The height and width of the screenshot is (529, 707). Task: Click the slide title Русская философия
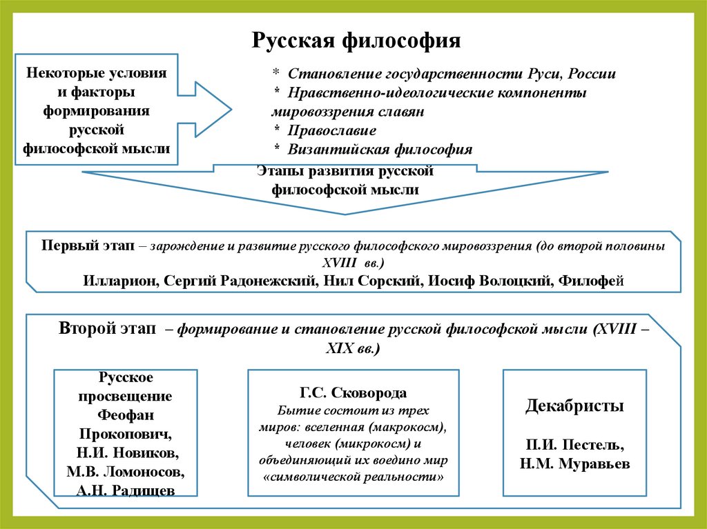(x=356, y=39)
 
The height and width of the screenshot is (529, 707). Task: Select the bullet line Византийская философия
(x=380, y=149)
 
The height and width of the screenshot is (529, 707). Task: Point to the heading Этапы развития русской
(x=345, y=170)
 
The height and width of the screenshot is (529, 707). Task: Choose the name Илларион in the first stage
(x=115, y=280)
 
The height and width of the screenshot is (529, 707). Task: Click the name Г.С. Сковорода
(x=353, y=393)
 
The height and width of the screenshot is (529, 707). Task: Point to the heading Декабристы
(x=574, y=406)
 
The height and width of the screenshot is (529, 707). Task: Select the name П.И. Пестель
(x=574, y=443)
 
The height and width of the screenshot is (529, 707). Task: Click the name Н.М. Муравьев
(x=574, y=463)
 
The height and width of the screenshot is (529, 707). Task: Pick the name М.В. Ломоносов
(x=126, y=472)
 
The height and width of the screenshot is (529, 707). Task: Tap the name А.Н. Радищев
(x=126, y=490)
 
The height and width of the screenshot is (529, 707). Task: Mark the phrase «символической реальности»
(x=353, y=477)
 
